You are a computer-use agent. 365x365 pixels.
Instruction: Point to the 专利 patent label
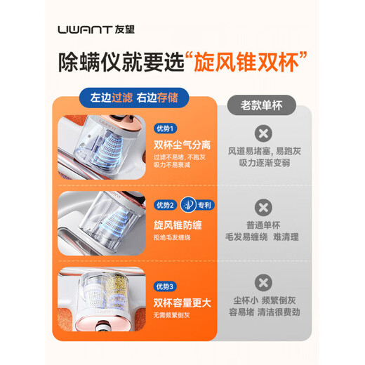pyautogui.click(x=203, y=205)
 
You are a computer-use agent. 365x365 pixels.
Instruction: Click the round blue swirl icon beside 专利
pyautogui.click(x=185, y=205)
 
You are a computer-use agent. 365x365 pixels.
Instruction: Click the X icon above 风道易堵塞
pyautogui.click(x=263, y=133)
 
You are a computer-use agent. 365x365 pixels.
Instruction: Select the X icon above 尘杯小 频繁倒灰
pyautogui.click(x=263, y=283)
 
